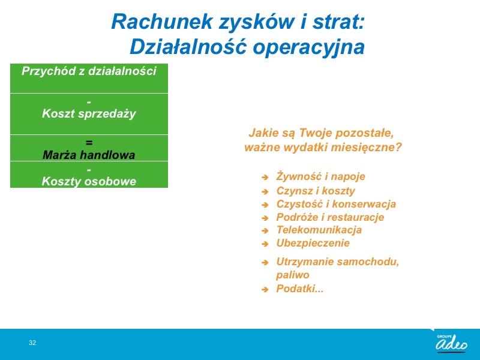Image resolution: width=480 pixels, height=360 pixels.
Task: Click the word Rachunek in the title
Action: click(x=162, y=22)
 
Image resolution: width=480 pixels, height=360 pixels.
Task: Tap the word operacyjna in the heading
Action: click(x=308, y=47)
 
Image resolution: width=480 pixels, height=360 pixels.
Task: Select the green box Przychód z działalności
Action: click(x=89, y=79)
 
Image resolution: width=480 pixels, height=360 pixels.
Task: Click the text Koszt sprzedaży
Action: click(x=89, y=113)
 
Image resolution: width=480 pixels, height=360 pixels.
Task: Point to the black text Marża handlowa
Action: click(x=89, y=155)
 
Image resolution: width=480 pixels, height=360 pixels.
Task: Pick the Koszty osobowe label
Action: click(x=89, y=181)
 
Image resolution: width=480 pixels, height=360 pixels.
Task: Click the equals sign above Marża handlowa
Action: click(x=89, y=142)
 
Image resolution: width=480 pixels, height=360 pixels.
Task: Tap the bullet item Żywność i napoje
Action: click(x=320, y=176)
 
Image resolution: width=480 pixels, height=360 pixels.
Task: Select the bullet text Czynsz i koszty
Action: click(x=316, y=191)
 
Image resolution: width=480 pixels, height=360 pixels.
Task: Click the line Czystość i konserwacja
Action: click(x=336, y=204)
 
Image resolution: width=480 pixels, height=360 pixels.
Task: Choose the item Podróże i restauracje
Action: click(x=330, y=217)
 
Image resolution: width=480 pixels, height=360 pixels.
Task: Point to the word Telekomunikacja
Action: click(x=319, y=230)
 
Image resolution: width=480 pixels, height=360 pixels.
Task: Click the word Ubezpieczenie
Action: click(x=313, y=243)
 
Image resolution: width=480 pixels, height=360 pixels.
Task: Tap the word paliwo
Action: click(x=293, y=275)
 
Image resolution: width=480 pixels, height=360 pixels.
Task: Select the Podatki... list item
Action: click(x=299, y=289)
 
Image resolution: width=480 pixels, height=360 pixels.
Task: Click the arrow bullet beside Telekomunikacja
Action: click(x=265, y=230)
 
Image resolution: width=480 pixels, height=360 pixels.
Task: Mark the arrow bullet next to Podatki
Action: click(x=265, y=289)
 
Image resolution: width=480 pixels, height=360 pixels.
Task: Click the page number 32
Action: click(x=32, y=343)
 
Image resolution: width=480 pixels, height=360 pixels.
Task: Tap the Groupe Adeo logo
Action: click(x=451, y=343)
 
